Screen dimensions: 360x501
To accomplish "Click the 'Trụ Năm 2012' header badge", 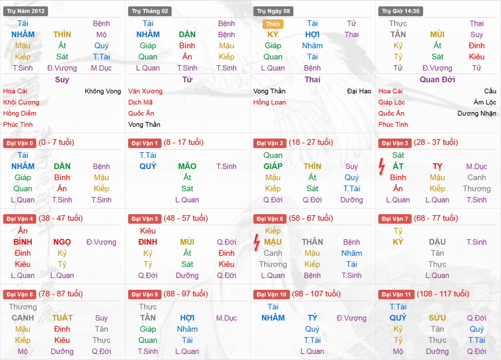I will [x=26, y=11].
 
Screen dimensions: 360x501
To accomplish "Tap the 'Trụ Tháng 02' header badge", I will [x=150, y=11].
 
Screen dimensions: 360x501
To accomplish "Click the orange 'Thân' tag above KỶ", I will [x=273, y=24].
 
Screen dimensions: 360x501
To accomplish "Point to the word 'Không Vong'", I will [x=103, y=91].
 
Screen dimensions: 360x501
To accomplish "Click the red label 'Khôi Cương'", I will [x=21, y=102].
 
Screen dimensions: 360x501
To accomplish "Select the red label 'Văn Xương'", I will [x=145, y=91].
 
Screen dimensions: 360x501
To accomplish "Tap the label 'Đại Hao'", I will [x=359, y=91].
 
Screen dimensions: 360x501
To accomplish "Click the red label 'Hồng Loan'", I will [x=269, y=102].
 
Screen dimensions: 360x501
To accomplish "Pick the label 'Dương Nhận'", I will [x=477, y=113].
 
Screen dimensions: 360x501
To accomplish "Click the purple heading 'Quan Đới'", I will [x=437, y=80].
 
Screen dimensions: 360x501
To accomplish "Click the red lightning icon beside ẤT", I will [x=382, y=166].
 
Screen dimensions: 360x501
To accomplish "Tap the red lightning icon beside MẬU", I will [x=256, y=242].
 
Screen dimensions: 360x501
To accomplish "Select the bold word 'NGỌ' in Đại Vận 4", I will [x=62, y=242].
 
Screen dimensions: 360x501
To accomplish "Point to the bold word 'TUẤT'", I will [x=62, y=318].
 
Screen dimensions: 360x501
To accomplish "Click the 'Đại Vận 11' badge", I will [x=397, y=295].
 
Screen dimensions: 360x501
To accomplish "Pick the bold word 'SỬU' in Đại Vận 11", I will [x=437, y=318].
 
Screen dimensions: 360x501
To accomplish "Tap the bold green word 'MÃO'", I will [x=187, y=166].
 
